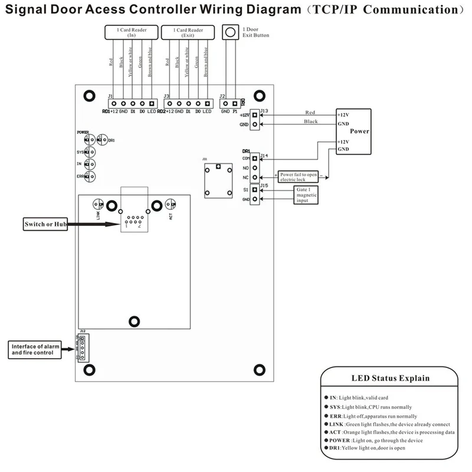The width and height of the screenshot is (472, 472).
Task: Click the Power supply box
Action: [353, 131]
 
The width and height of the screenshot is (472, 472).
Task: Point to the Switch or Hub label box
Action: [43, 224]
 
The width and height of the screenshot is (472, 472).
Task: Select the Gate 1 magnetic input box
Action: [307, 195]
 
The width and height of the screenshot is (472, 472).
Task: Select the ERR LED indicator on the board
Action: [89, 176]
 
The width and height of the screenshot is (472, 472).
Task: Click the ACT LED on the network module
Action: [171, 205]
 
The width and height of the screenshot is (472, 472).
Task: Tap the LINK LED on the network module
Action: [98, 205]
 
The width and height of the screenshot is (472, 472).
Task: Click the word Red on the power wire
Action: [310, 112]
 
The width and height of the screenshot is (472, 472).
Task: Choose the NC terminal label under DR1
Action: [246, 177]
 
